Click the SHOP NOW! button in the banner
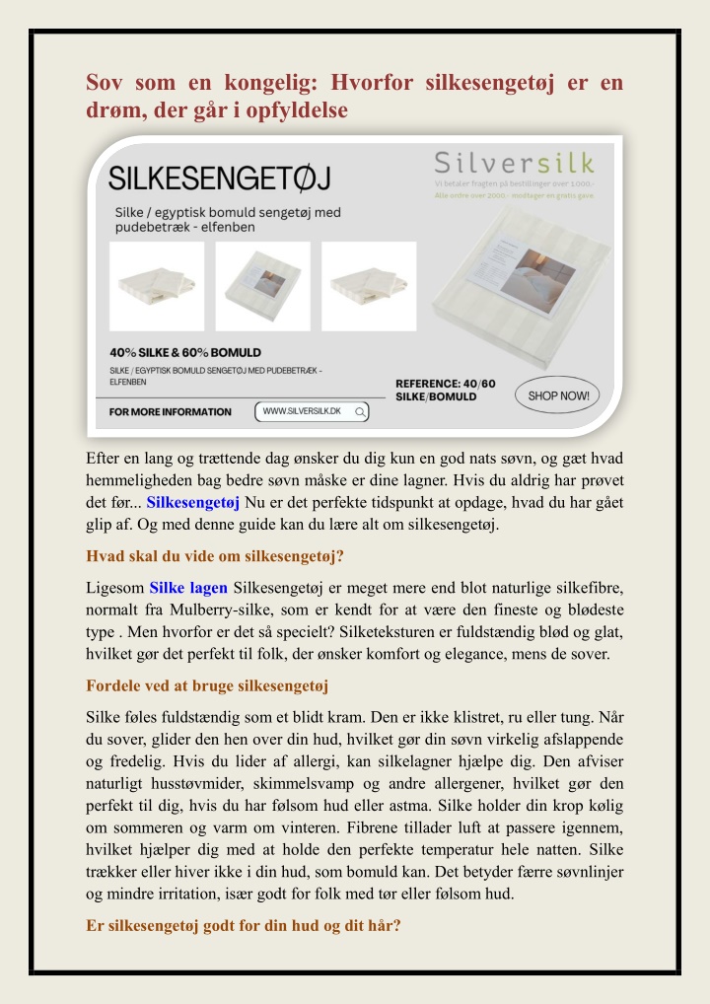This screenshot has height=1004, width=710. pos(558,396)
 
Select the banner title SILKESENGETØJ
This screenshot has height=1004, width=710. pos(219,179)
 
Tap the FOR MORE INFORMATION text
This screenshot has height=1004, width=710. pos(171,412)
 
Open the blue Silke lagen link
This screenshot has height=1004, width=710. pos(189,589)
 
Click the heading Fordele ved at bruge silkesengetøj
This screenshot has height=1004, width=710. pos(207,685)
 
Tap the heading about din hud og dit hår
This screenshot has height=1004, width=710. pos(244,926)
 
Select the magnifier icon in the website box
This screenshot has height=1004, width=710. pos(361,411)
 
